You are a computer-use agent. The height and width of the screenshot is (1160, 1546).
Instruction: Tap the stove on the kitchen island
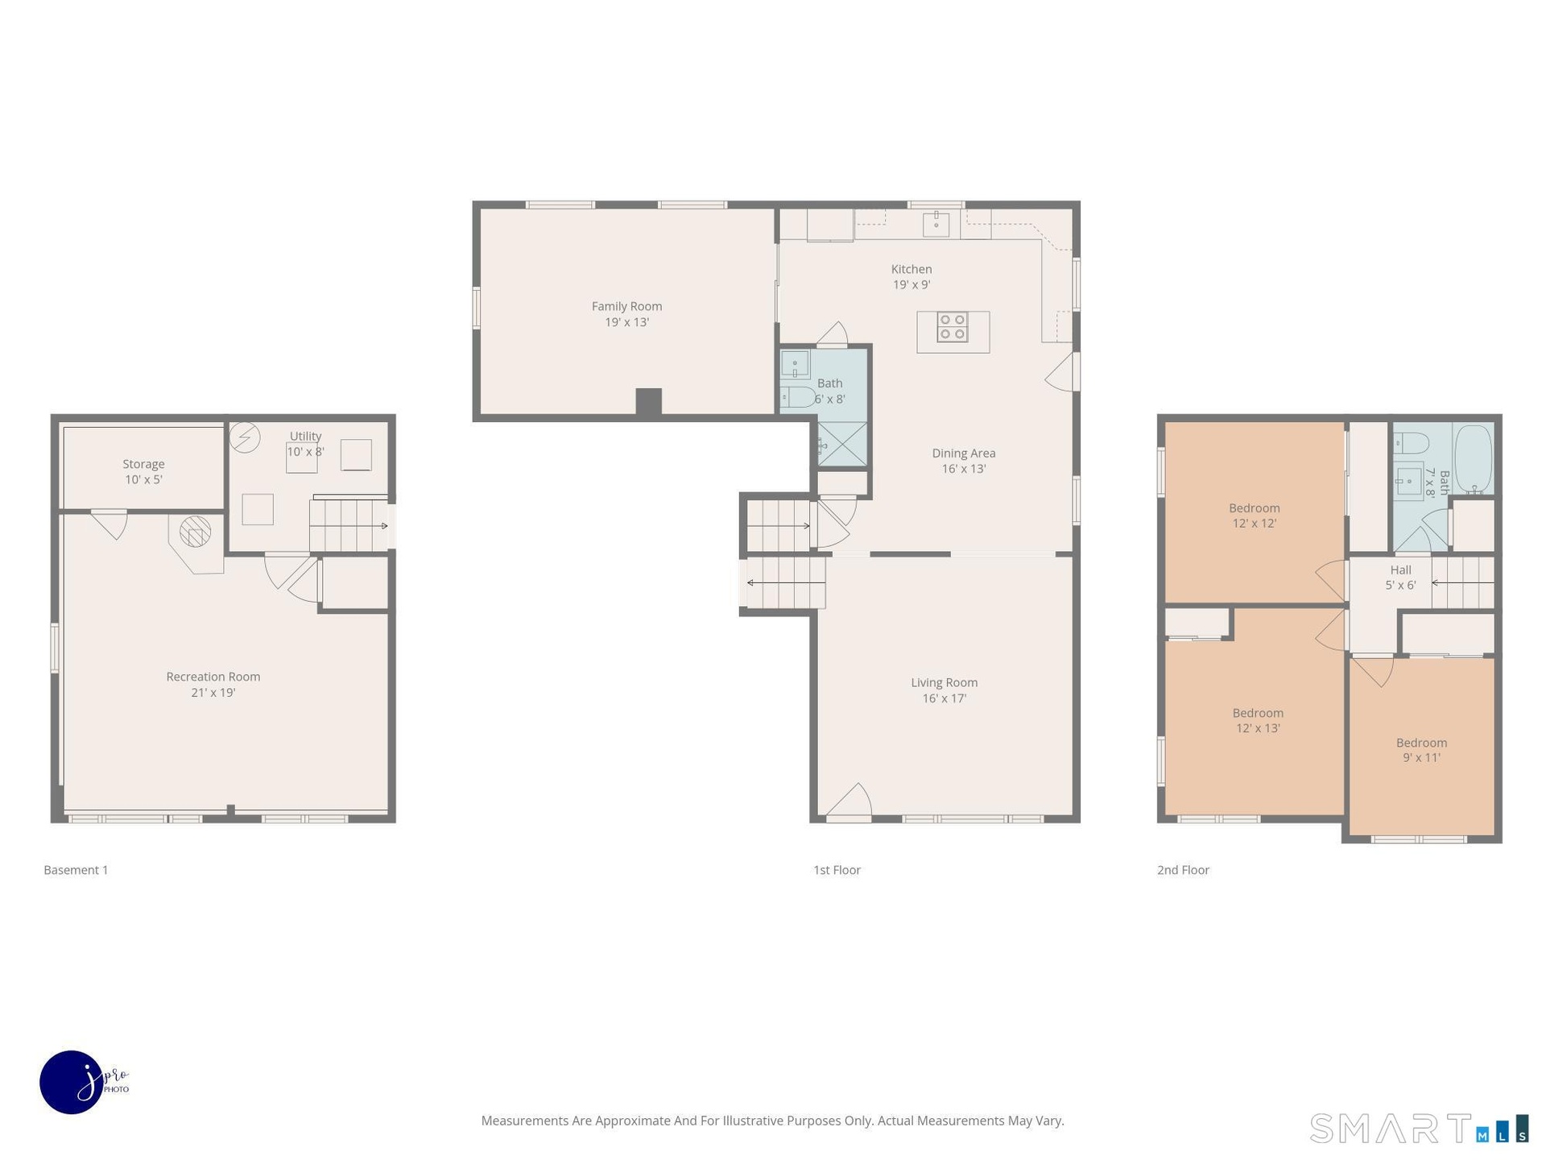tap(952, 327)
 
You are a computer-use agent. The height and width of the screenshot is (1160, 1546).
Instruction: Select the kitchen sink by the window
tap(936, 222)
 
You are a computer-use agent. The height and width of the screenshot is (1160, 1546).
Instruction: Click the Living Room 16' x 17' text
tap(945, 690)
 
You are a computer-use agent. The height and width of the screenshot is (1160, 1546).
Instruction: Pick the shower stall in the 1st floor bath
tap(842, 444)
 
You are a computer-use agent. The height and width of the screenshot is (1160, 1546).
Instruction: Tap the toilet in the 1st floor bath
tap(797, 397)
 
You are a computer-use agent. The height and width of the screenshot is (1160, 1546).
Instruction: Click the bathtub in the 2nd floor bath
tap(1473, 458)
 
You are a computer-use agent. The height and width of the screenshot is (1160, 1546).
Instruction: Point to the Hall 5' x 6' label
tap(1400, 578)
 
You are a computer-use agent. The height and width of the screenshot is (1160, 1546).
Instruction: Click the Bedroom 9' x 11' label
tap(1421, 750)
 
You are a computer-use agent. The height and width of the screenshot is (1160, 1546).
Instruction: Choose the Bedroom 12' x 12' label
tap(1254, 516)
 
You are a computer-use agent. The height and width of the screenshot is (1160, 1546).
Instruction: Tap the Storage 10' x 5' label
tap(143, 471)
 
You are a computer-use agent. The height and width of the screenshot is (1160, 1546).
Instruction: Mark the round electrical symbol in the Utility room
tap(245, 437)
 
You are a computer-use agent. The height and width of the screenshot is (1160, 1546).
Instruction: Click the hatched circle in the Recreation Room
tap(195, 532)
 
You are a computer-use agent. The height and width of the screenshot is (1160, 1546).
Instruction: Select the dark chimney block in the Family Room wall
tap(648, 402)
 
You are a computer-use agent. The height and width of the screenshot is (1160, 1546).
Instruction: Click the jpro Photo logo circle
tap(72, 1082)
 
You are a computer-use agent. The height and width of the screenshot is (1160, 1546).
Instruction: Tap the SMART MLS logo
tap(1419, 1128)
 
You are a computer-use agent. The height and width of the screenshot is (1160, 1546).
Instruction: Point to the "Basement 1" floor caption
tap(76, 870)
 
